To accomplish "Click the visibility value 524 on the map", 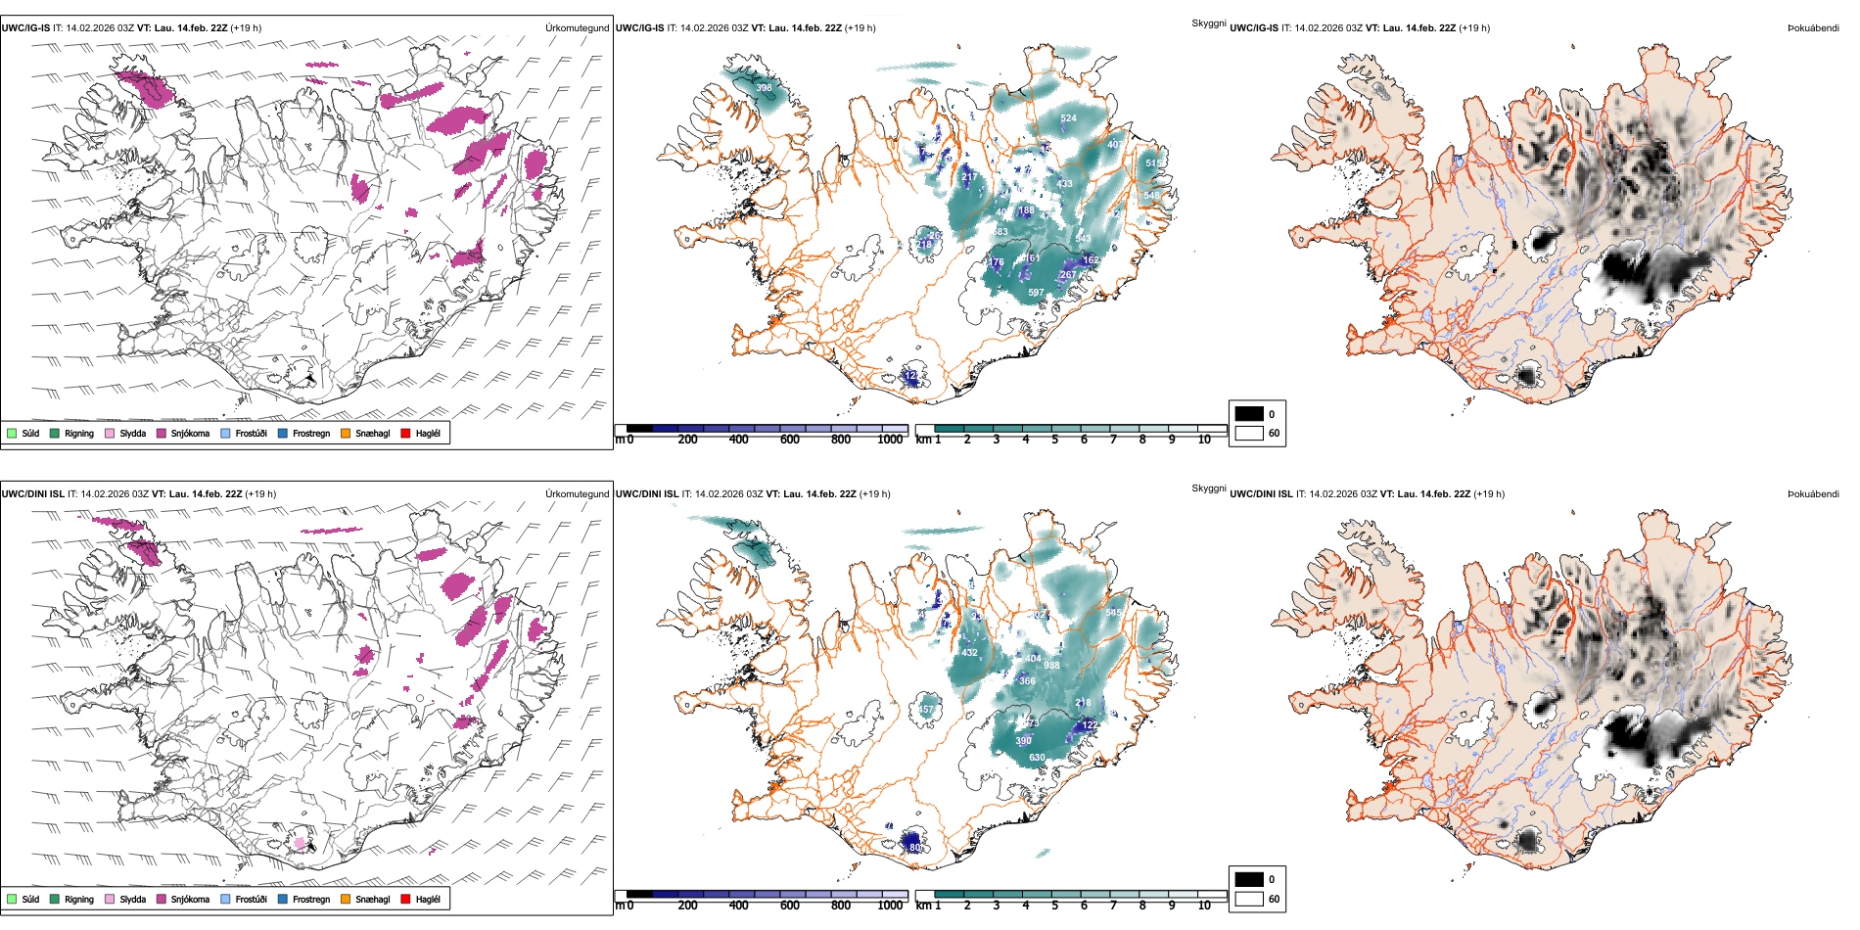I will pos(1068,118).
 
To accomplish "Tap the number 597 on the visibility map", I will pos(1036,293).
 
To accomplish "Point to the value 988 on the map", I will pos(1051,666).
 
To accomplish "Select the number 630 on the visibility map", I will pos(1037,758).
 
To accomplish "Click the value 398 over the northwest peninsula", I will pos(764,88).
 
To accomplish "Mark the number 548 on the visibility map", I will pos(1151,196).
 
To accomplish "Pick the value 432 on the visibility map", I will pos(969,653).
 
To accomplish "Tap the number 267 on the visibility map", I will pos(1067,275).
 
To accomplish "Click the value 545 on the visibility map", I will pos(1113,613).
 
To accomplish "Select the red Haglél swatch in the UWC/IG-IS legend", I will pos(406,433).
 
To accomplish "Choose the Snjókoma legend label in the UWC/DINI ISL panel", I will pos(190,899).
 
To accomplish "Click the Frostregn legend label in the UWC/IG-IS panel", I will pos(311,433).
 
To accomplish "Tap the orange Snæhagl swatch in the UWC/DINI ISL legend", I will pos(346,899).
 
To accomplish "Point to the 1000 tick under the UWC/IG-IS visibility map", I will pos(890,440).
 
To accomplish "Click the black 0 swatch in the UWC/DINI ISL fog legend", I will pos(1249,879).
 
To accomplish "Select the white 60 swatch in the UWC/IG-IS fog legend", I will pos(1249,433).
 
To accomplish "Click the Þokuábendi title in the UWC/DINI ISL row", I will pos(1813,494).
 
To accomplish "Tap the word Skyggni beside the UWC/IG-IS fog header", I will pos(1208,23).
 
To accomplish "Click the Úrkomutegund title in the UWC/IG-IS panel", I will pos(577,28).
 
